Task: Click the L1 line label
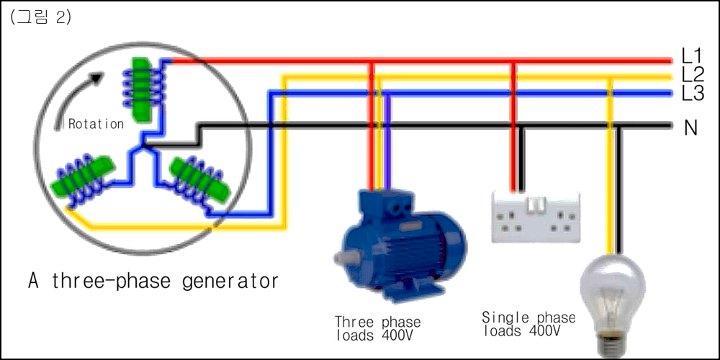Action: point(691,56)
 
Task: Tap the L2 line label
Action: point(693,75)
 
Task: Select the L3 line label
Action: point(693,94)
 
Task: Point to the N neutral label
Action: point(690,128)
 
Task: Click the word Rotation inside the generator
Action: point(96,124)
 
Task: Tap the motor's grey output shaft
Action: point(341,258)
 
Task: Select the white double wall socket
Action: point(536,217)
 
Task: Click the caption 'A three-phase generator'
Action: point(153,281)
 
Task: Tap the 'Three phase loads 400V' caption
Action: point(377,328)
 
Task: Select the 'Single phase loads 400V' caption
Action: point(528,324)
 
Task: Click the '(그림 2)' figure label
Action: point(40,17)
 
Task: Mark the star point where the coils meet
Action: point(143,146)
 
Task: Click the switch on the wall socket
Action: point(536,204)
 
